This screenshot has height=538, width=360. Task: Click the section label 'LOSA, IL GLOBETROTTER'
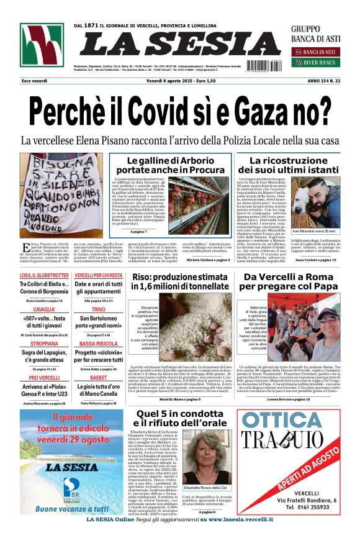pyautogui.click(x=42, y=275)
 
